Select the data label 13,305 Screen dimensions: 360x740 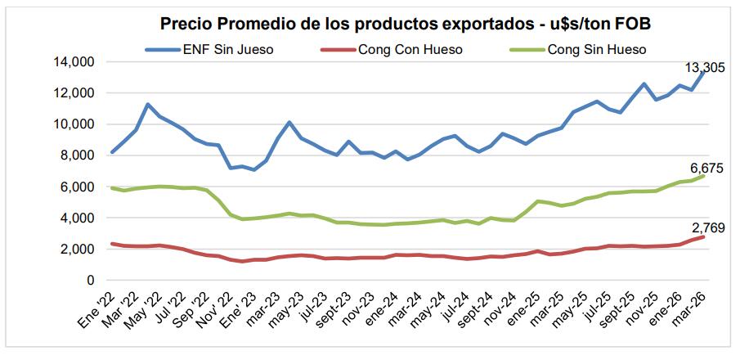coord(703,68)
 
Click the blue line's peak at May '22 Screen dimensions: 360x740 coord(147,105)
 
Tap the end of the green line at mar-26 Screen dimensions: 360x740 coord(704,176)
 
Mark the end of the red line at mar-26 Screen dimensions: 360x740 coord(704,237)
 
